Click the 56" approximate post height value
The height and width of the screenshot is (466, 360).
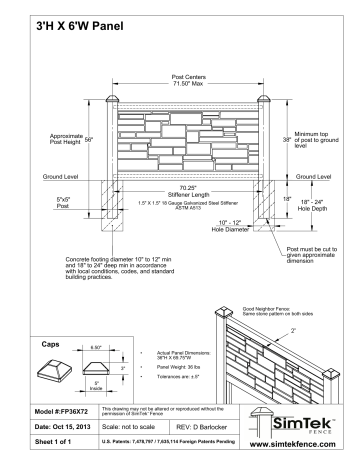(88, 139)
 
